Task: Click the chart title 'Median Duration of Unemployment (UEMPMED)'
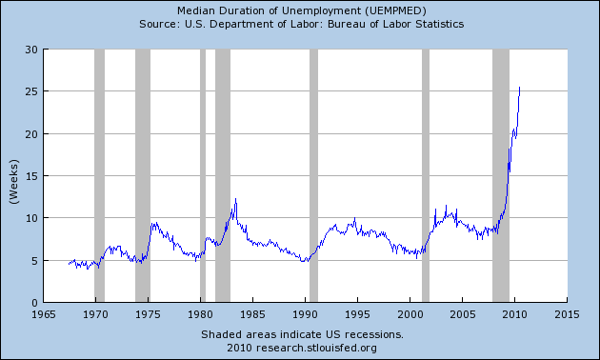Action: [300, 10]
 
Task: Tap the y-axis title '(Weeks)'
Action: [14, 175]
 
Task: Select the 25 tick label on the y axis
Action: [31, 91]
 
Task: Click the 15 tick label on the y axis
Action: [31, 176]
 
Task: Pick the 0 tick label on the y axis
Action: [34, 302]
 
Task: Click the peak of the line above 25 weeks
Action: [519, 88]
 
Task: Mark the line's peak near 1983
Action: [235, 199]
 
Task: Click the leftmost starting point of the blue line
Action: [70, 263]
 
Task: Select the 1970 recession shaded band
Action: [99, 175]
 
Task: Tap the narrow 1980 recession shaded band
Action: [203, 175]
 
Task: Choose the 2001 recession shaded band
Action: [426, 175]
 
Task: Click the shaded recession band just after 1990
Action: [313, 175]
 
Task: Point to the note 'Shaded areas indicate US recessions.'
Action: [302, 334]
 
